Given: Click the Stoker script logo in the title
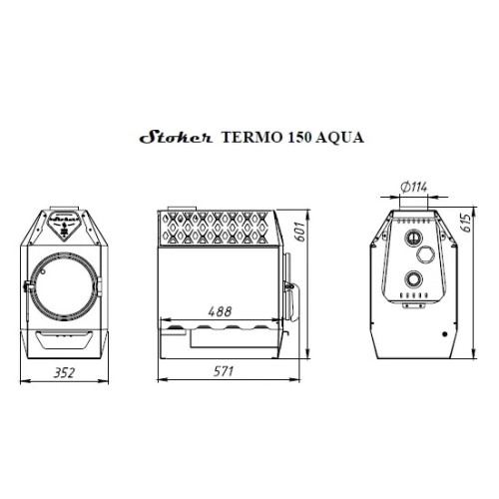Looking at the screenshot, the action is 176,137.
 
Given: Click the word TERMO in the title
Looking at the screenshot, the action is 251,137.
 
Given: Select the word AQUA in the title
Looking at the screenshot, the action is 339,138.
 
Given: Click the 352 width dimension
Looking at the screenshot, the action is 64,373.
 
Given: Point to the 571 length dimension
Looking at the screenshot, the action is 224,371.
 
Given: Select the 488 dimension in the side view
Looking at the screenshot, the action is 220,311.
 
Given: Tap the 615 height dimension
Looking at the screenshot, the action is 466,223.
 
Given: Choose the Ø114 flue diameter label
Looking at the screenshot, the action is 414,188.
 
